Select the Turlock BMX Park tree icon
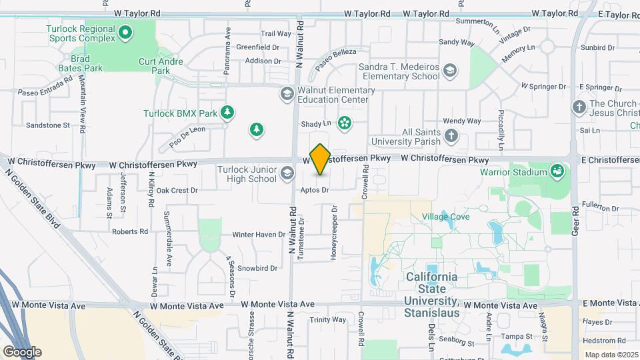tap(228, 112)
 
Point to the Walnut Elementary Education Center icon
tap(287, 93)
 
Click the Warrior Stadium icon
tap(557, 172)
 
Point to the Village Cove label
tap(445, 217)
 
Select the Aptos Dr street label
tap(315, 190)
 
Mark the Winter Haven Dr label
tap(259, 235)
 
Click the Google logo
tap(22, 352)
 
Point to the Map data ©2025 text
tap(611, 355)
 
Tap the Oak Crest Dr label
tap(177, 190)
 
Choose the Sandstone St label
tap(47, 125)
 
